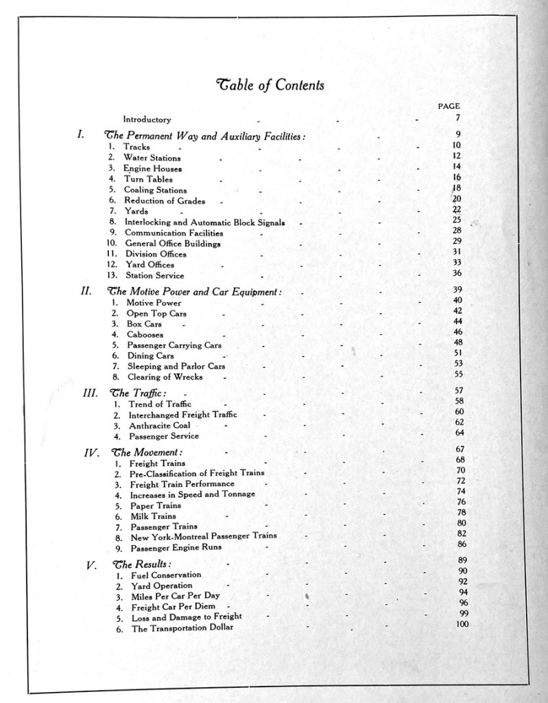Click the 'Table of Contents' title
(x=270, y=85)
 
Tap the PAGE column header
(x=449, y=106)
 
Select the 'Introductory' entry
(x=147, y=119)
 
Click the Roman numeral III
(x=90, y=393)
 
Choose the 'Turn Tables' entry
(x=148, y=179)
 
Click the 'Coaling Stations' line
(x=155, y=190)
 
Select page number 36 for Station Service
(x=457, y=273)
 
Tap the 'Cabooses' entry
(x=145, y=334)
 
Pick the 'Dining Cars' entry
(x=150, y=356)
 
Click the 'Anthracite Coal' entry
(x=160, y=425)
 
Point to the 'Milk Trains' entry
(x=153, y=516)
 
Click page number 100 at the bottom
(x=462, y=623)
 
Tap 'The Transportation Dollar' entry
(x=182, y=628)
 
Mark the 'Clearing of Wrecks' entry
(x=165, y=377)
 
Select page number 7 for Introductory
(x=457, y=117)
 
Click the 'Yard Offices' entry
(x=150, y=264)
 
